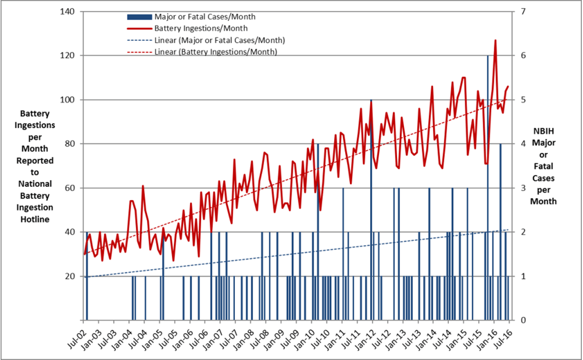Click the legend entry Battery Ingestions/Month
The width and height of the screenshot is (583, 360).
point(201,28)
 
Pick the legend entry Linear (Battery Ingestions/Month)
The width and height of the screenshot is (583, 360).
point(216,52)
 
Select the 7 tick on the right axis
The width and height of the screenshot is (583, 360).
point(523,12)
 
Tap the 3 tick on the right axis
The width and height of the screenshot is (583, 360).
point(523,188)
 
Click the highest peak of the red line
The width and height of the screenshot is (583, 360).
point(496,40)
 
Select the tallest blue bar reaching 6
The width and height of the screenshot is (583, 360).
point(488,175)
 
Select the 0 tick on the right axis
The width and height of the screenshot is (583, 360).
point(523,320)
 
